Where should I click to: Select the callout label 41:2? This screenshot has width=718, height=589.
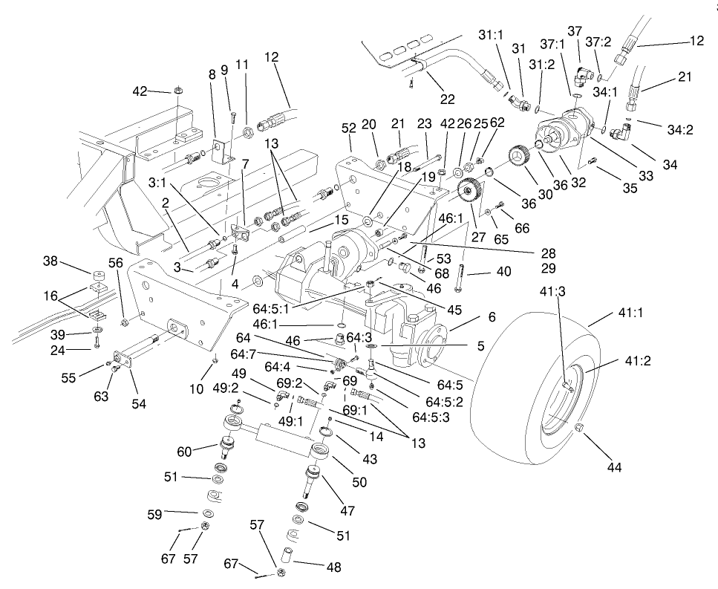638,362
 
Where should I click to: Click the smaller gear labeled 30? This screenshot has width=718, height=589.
518,160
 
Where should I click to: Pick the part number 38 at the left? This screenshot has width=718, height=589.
50,261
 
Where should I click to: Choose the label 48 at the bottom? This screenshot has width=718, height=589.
333,567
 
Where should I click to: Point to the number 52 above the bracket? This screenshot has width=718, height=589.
350,128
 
